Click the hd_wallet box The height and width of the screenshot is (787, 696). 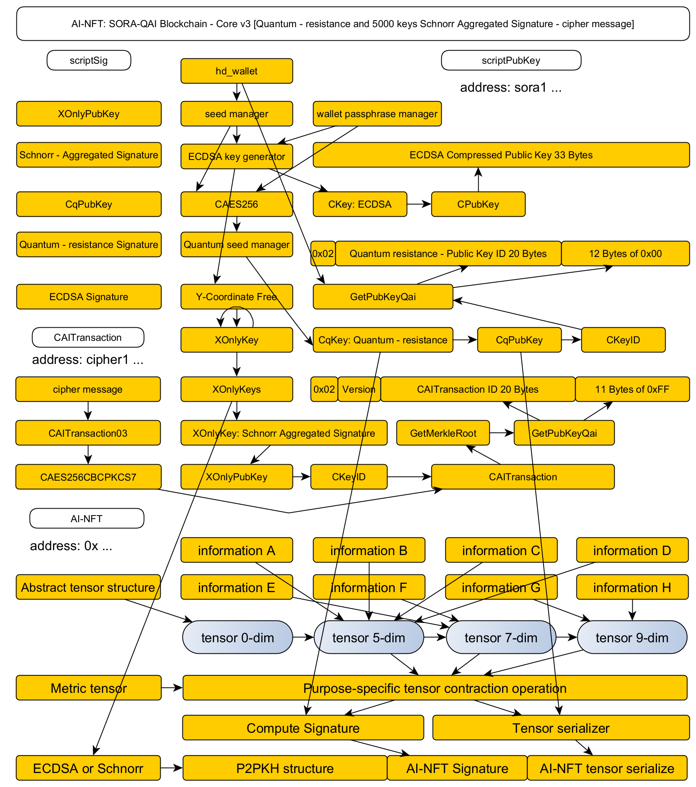(237, 71)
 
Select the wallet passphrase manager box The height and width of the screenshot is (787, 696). (377, 114)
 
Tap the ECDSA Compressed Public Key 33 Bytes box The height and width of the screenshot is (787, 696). (501, 155)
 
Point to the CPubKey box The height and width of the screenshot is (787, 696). (478, 204)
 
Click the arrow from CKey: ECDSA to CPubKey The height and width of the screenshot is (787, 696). (419, 204)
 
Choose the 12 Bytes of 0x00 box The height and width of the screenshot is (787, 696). (625, 254)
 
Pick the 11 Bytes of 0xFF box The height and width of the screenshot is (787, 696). (632, 389)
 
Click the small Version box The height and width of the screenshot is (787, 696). (359, 389)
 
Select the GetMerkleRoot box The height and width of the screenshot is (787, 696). (443, 433)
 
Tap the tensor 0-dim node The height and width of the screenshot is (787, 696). (237, 637)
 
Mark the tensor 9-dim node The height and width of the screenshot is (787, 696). (632, 637)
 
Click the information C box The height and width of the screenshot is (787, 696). (501, 550)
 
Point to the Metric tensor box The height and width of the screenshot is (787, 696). (88, 688)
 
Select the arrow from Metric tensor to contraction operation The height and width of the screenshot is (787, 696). (172, 687)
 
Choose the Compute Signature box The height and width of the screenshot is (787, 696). (303, 728)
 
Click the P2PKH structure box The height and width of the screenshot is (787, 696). (285, 768)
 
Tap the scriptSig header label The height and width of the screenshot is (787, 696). (89, 60)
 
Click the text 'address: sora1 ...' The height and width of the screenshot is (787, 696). (511, 88)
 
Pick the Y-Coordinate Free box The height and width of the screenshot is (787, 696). (237, 297)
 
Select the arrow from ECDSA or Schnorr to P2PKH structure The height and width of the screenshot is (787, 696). (171, 768)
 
